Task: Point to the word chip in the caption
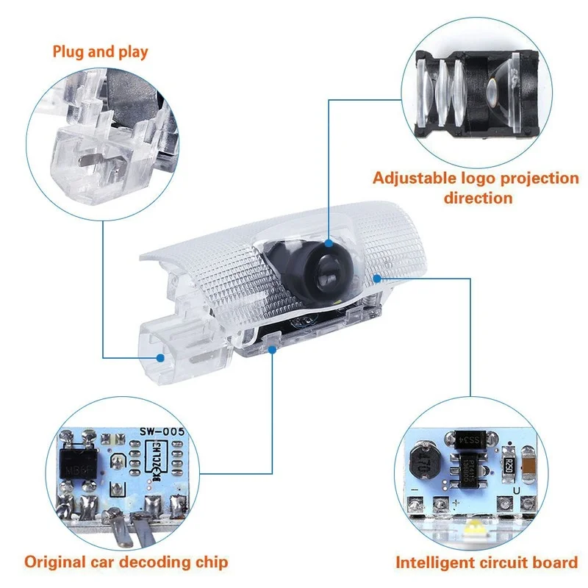pos(210,563)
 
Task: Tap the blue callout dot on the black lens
pos(328,241)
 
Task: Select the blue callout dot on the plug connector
pos(159,358)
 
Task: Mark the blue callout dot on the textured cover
pos(377,279)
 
